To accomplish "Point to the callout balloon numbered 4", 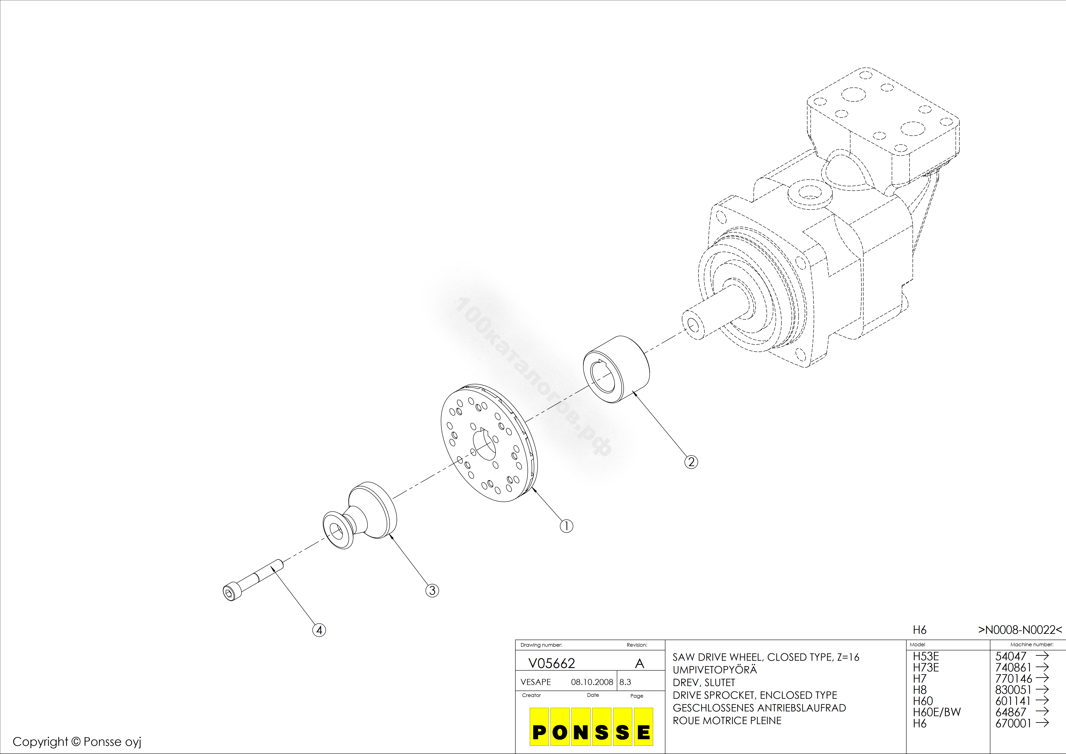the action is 319,630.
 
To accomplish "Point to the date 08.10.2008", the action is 592,682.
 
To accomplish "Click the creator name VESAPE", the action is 536,682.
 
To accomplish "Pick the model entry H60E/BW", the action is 936,712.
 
